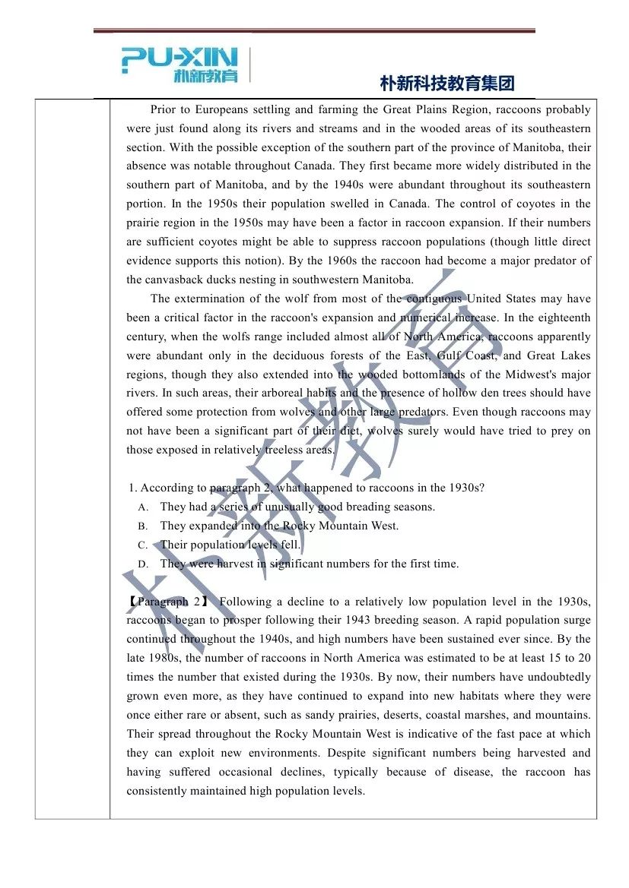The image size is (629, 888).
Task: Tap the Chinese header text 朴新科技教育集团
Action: coord(447,83)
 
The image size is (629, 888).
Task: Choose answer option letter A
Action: coord(143,507)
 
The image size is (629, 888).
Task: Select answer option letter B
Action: coord(143,526)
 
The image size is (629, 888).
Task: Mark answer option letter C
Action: coord(143,545)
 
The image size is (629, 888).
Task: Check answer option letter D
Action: coord(143,564)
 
